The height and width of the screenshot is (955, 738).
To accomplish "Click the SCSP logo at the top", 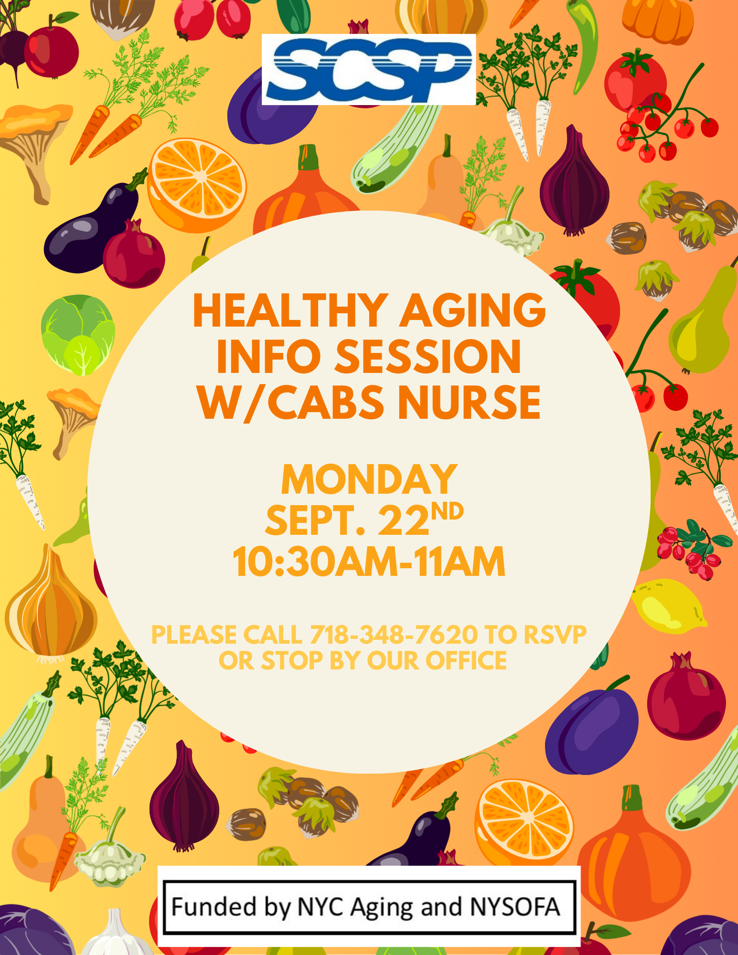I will (369, 70).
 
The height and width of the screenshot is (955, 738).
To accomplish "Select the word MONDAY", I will (369, 479).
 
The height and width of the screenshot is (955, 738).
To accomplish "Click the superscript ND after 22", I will (447, 511).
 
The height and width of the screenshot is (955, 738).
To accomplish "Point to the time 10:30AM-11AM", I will (369, 562).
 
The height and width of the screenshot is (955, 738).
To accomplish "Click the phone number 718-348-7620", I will (394, 635).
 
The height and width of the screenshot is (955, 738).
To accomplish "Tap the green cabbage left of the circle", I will (78, 334).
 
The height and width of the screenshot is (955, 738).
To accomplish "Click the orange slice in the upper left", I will (197, 185).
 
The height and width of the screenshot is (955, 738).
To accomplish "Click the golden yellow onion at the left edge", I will (50, 604).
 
